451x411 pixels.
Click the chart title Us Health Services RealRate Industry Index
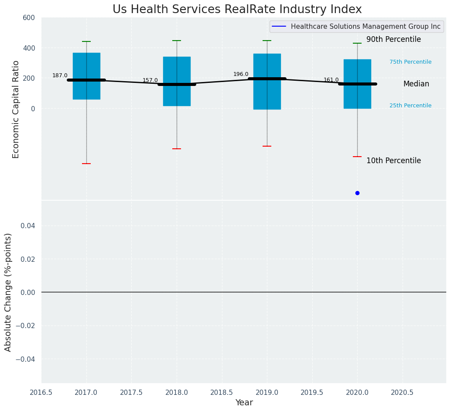pyautogui.click(x=237, y=10)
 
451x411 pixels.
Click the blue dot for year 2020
pyautogui.click(x=357, y=193)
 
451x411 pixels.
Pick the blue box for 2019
pyautogui.click(x=267, y=65)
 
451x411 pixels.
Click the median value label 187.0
pyautogui.click(x=60, y=75)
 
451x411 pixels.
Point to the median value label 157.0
pyautogui.click(x=150, y=80)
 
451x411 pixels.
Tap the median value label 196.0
pyautogui.click(x=241, y=74)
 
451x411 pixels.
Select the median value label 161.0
pyautogui.click(x=331, y=80)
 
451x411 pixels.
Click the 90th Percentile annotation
pyautogui.click(x=393, y=40)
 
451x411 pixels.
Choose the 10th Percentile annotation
pyautogui.click(x=393, y=161)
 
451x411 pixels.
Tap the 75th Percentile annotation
pyautogui.click(x=410, y=62)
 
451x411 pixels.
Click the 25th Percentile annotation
pyautogui.click(x=410, y=106)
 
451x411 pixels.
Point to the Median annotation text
pyautogui.click(x=416, y=84)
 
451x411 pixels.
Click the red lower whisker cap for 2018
pyautogui.click(x=177, y=149)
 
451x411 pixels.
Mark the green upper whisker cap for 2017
pyautogui.click(x=86, y=41)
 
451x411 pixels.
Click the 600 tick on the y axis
pyautogui.click(x=29, y=17)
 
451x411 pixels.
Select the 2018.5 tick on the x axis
pyautogui.click(x=222, y=393)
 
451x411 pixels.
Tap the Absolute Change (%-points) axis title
pyautogui.click(x=8, y=292)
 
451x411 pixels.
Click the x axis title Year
pyautogui.click(x=244, y=403)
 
